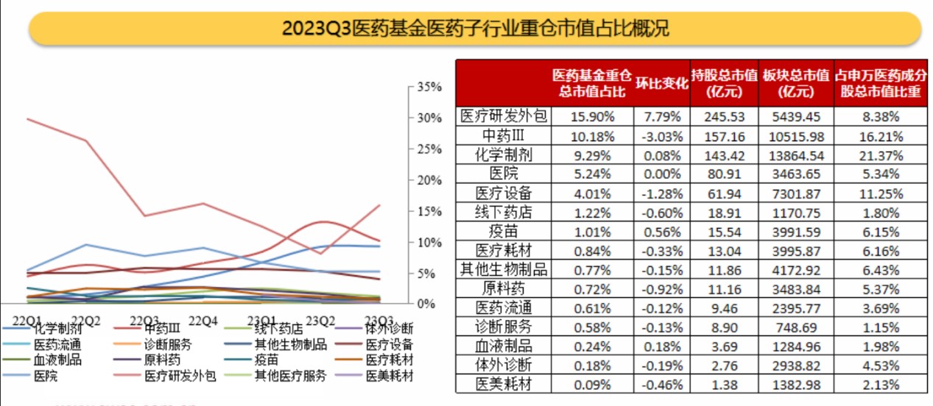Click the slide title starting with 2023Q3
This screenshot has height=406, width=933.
(x=475, y=29)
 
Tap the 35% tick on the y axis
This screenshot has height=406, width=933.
(x=429, y=87)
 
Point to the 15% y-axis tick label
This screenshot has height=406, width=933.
(x=429, y=211)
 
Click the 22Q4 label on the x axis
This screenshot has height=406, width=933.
(x=203, y=321)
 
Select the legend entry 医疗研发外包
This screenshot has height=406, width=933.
(x=180, y=377)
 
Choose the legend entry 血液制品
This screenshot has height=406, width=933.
(x=57, y=360)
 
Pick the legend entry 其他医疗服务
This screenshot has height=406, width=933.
(x=290, y=377)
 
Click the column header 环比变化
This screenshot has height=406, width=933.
(x=661, y=83)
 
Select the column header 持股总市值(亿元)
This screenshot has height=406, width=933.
(x=725, y=83)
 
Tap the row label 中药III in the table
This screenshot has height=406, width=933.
(x=504, y=136)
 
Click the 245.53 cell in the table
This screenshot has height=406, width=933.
(x=725, y=117)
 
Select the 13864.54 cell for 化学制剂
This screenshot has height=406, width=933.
(x=796, y=155)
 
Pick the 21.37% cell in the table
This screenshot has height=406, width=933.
(x=881, y=155)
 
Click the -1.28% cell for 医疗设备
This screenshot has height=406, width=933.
(x=661, y=193)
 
